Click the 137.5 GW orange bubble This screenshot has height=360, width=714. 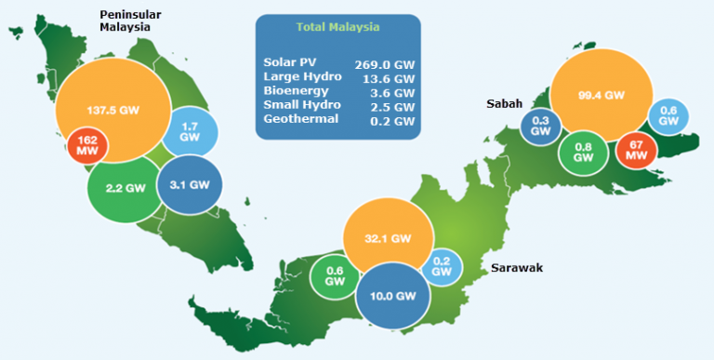pyautogui.click(x=112, y=109)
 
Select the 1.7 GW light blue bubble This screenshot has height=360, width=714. pyautogui.click(x=191, y=132)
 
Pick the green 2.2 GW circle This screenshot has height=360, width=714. pyautogui.click(x=124, y=187)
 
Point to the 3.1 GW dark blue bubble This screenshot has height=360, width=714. pyautogui.click(x=191, y=184)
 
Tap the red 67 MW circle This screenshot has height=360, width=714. pyautogui.click(x=637, y=150)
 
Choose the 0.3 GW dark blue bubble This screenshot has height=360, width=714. pyautogui.click(x=540, y=127)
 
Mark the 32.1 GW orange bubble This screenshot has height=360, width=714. pyautogui.click(x=388, y=238)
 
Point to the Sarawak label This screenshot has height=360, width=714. pyautogui.click(x=517, y=268)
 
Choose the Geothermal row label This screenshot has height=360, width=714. pyautogui.click(x=300, y=120)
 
